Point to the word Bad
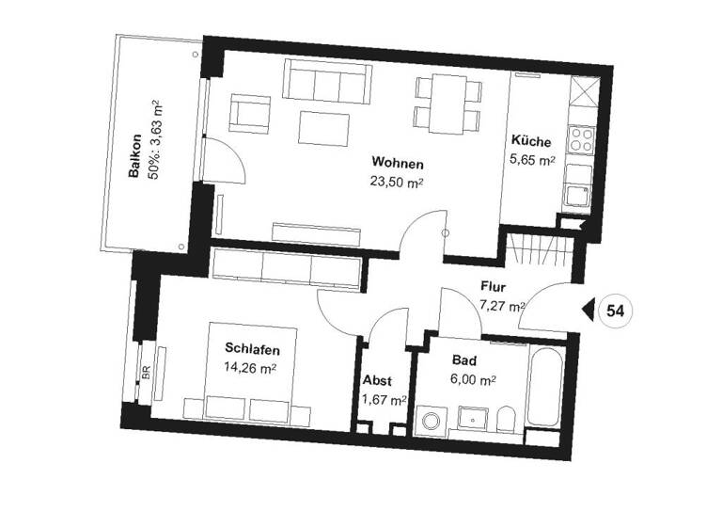pos(463,361)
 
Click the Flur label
pos(495,286)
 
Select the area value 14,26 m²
pos(252,368)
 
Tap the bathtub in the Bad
pos(544,386)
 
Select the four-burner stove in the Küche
pos(580,140)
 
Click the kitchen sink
pos(576,196)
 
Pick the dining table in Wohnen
pos(447,103)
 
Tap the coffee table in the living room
pos(324,124)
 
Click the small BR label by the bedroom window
pos(146,372)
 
